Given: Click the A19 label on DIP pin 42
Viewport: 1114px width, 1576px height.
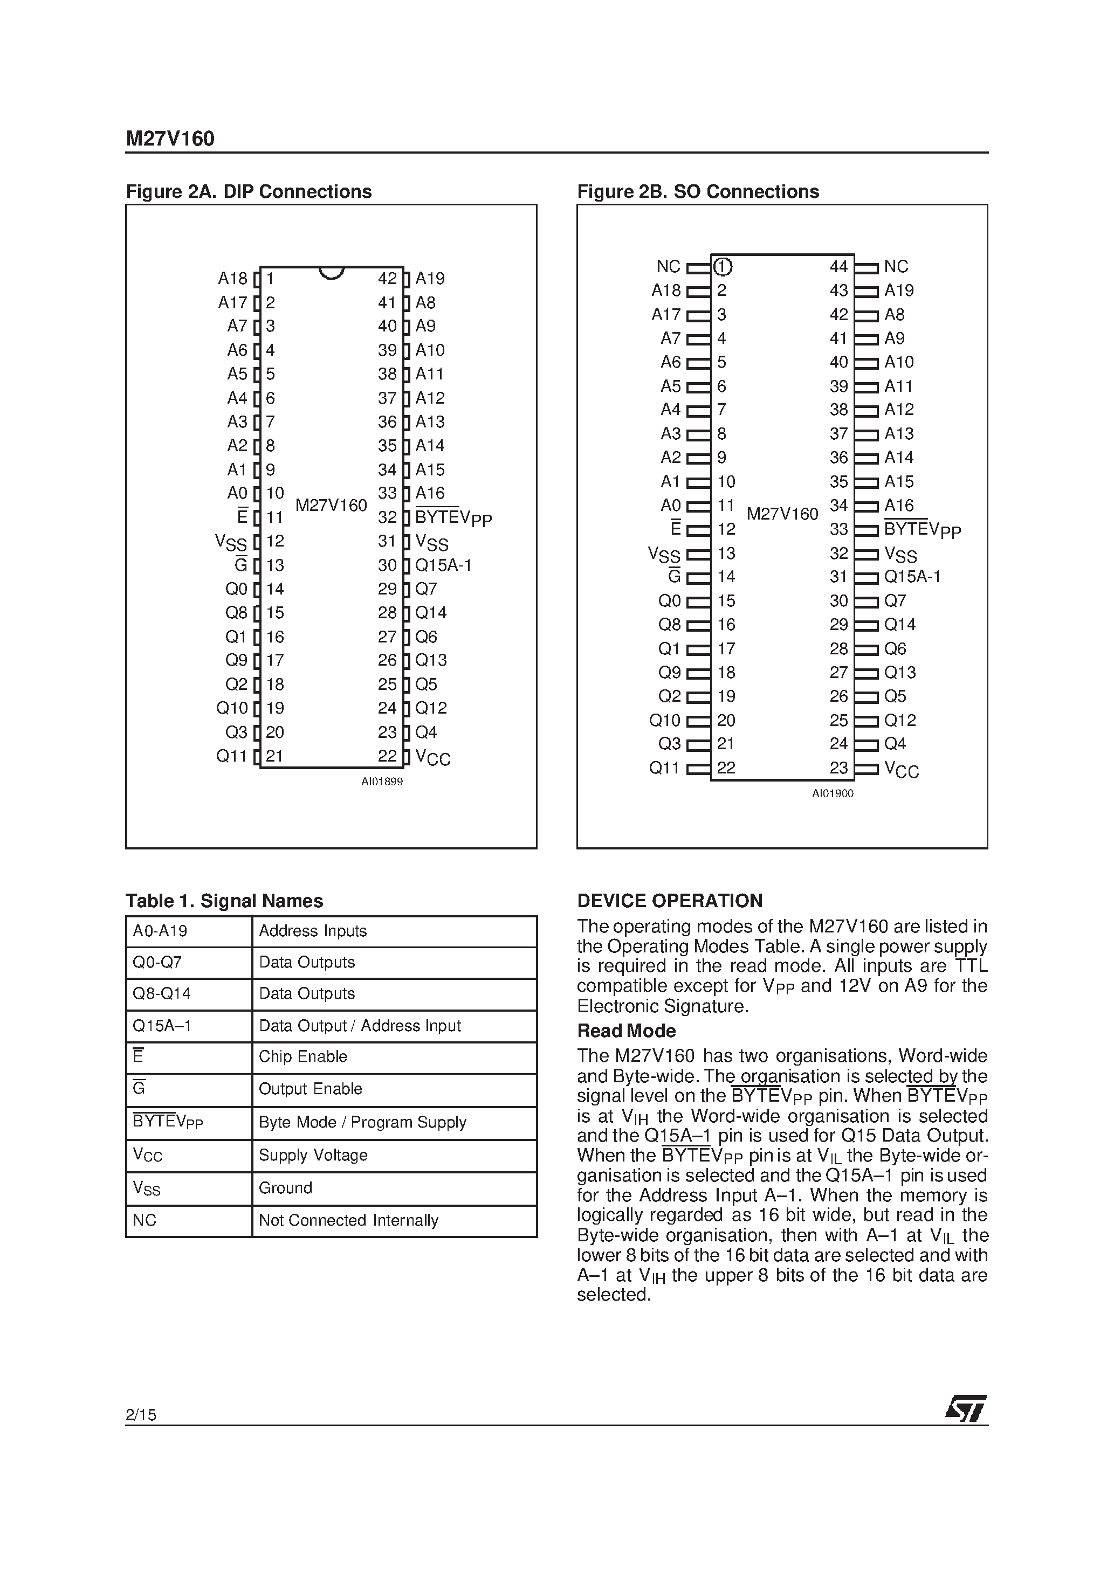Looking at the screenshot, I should click(x=430, y=279).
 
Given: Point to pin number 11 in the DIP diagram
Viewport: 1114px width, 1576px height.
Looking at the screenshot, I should click(x=274, y=517).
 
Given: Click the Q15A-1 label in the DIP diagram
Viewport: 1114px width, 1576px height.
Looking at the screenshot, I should click(x=443, y=565).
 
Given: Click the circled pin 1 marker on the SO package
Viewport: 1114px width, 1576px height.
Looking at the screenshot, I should click(x=722, y=266).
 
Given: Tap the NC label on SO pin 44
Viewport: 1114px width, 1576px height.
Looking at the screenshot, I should click(x=896, y=266).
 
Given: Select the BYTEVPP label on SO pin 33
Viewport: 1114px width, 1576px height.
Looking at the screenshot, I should click(x=922, y=529).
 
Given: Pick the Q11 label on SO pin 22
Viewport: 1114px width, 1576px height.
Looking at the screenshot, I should click(x=664, y=768).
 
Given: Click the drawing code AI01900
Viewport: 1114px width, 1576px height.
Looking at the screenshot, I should click(x=833, y=793).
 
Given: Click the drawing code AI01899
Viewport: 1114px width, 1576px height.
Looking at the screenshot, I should click(x=382, y=782).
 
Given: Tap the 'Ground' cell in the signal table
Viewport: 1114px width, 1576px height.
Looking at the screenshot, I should click(x=285, y=1188).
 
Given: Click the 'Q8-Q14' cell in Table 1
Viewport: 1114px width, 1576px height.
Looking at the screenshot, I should click(x=161, y=993).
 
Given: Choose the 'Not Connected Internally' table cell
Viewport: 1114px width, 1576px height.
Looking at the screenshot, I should click(x=348, y=1220).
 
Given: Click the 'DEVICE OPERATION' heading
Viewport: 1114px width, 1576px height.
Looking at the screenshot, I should click(x=670, y=901).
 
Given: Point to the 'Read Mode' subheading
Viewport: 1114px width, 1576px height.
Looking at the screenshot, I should click(x=627, y=1031).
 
